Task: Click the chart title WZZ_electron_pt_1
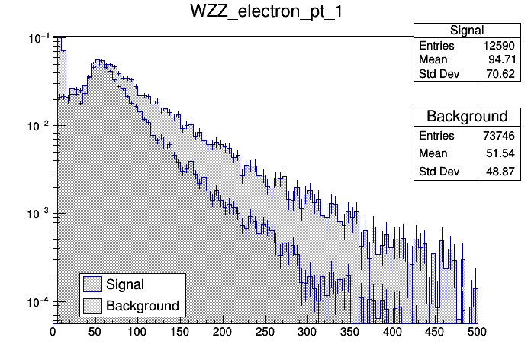point(265,13)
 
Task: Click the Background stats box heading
point(466,116)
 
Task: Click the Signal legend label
point(125,284)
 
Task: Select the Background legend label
point(143,306)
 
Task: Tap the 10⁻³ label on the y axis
point(37,214)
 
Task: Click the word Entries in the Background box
point(436,136)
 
